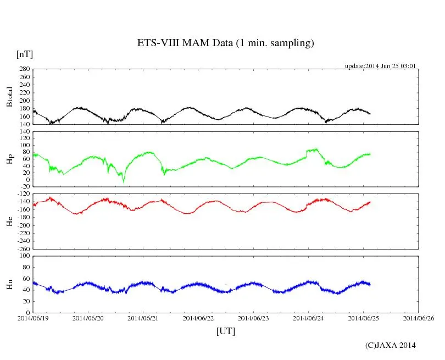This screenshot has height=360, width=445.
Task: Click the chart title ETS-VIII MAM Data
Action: pyautogui.click(x=225, y=43)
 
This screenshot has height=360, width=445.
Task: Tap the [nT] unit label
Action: pyautogui.click(x=25, y=54)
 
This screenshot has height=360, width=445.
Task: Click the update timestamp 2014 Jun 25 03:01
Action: pyautogui.click(x=380, y=66)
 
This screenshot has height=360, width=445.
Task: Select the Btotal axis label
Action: pyautogui.click(x=9, y=97)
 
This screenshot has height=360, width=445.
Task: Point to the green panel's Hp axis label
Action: pyautogui.click(x=9, y=159)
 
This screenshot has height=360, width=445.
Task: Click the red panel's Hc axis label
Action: pyautogui.click(x=9, y=221)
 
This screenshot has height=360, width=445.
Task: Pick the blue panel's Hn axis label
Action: pyautogui.click(x=9, y=284)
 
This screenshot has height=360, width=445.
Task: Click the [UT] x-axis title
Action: pyautogui.click(x=225, y=331)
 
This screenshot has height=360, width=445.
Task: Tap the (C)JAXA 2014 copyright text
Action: pyautogui.click(x=390, y=345)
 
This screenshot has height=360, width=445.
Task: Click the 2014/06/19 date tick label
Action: pyautogui.click(x=33, y=318)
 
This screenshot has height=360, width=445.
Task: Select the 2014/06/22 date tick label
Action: pyautogui.click(x=198, y=318)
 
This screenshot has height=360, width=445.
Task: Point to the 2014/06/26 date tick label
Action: pyautogui.click(x=419, y=318)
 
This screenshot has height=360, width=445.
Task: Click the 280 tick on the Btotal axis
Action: pyautogui.click(x=23, y=69)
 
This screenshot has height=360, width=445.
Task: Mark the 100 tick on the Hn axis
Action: pyautogui.click(x=23, y=256)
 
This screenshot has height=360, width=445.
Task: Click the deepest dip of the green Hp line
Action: pyautogui.click(x=124, y=182)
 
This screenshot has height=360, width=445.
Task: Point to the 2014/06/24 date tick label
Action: pyautogui.click(x=308, y=318)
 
